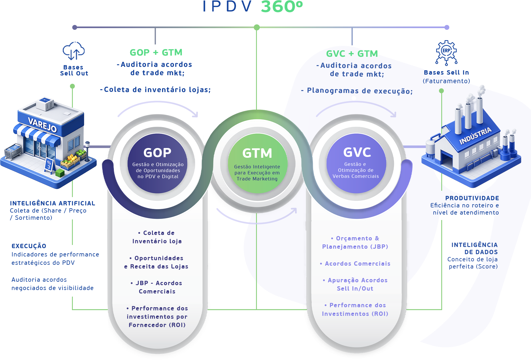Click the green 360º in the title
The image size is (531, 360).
282,7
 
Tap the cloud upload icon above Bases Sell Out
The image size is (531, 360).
74,51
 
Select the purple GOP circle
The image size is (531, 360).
157,164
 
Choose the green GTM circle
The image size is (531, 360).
257,164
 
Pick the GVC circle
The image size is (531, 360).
356,164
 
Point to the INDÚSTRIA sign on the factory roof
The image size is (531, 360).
475,135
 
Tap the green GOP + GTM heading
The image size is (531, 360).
156,52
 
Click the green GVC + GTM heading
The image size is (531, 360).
352,54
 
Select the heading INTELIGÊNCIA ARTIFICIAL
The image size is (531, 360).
52,203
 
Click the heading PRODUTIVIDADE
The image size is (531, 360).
472,198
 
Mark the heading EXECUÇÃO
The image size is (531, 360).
29,246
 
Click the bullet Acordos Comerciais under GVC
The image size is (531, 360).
357,264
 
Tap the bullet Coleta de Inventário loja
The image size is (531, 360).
157,237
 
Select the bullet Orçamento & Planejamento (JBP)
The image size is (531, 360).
355,242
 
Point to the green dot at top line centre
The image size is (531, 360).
257,27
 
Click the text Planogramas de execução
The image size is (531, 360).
360,91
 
